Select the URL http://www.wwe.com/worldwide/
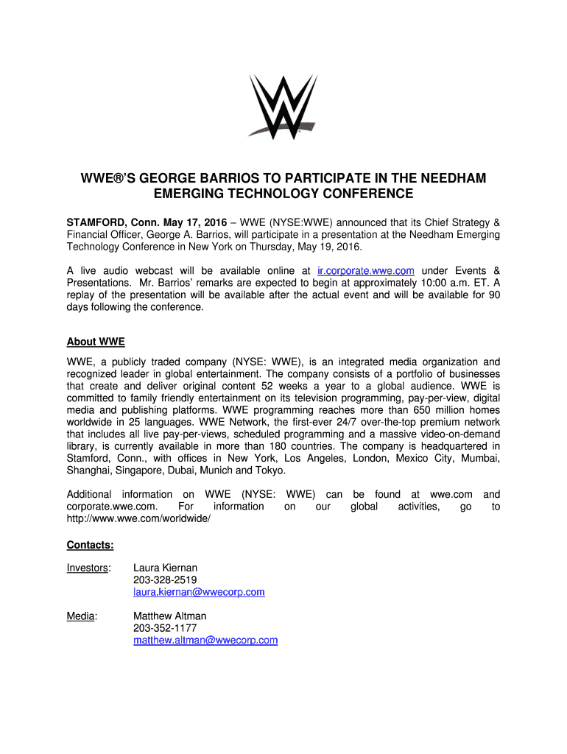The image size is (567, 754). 138,519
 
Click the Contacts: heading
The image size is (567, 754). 91,545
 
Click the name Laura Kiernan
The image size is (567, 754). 165,568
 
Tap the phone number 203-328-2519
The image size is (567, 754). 165,580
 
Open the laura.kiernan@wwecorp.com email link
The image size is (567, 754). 199,592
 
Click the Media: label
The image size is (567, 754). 82,616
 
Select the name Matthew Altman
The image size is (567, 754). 169,616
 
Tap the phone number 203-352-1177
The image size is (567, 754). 165,628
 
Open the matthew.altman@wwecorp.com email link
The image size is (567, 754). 205,641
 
